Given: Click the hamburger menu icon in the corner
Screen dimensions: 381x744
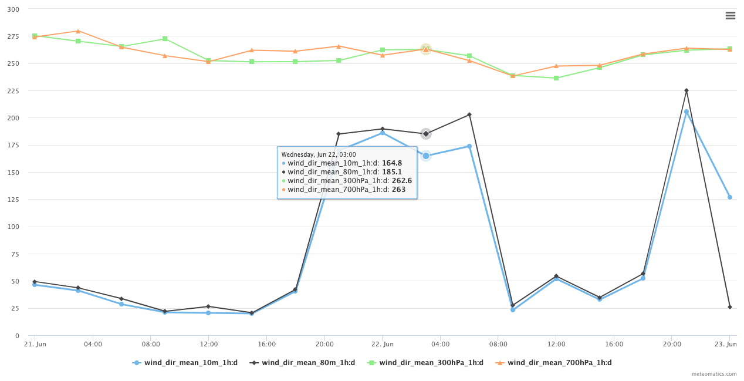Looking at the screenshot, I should pos(730,16).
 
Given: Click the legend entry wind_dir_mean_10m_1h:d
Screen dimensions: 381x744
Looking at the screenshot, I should pos(190,363).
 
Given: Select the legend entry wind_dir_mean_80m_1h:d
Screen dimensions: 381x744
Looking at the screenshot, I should pos(307,363).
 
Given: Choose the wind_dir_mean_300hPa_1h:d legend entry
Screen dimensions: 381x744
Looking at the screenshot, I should pos(431,363).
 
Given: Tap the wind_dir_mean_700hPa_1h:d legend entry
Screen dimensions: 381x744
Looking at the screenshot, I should pos(559,363).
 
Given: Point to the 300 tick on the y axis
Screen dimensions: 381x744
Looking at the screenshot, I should pos(13,9).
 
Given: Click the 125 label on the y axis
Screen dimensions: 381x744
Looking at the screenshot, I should pos(13,200).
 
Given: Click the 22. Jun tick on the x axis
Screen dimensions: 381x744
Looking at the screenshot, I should pos(383,344).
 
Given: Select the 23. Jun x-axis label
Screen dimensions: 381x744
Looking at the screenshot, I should pos(728,344).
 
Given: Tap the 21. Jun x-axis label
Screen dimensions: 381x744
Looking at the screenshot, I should pos(35,344).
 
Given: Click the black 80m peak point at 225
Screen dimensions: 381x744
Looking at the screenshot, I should pos(686,90).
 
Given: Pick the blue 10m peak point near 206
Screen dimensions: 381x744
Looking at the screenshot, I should pos(686,112).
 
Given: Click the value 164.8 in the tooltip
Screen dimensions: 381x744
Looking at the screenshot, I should pos(392,163).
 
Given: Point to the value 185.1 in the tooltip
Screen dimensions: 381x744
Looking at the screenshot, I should pos(392,172).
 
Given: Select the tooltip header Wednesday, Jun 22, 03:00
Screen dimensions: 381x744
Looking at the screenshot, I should pos(319,154).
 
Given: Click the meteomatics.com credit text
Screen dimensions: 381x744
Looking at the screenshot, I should pos(714,374).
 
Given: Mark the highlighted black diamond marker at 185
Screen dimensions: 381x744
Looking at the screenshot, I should pos(426,134).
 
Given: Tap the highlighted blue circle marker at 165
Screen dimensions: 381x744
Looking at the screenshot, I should pos(426,156).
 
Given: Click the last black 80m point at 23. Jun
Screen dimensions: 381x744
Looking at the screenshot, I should pos(730,307).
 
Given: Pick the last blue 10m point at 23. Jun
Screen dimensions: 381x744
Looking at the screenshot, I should pos(730,197).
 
